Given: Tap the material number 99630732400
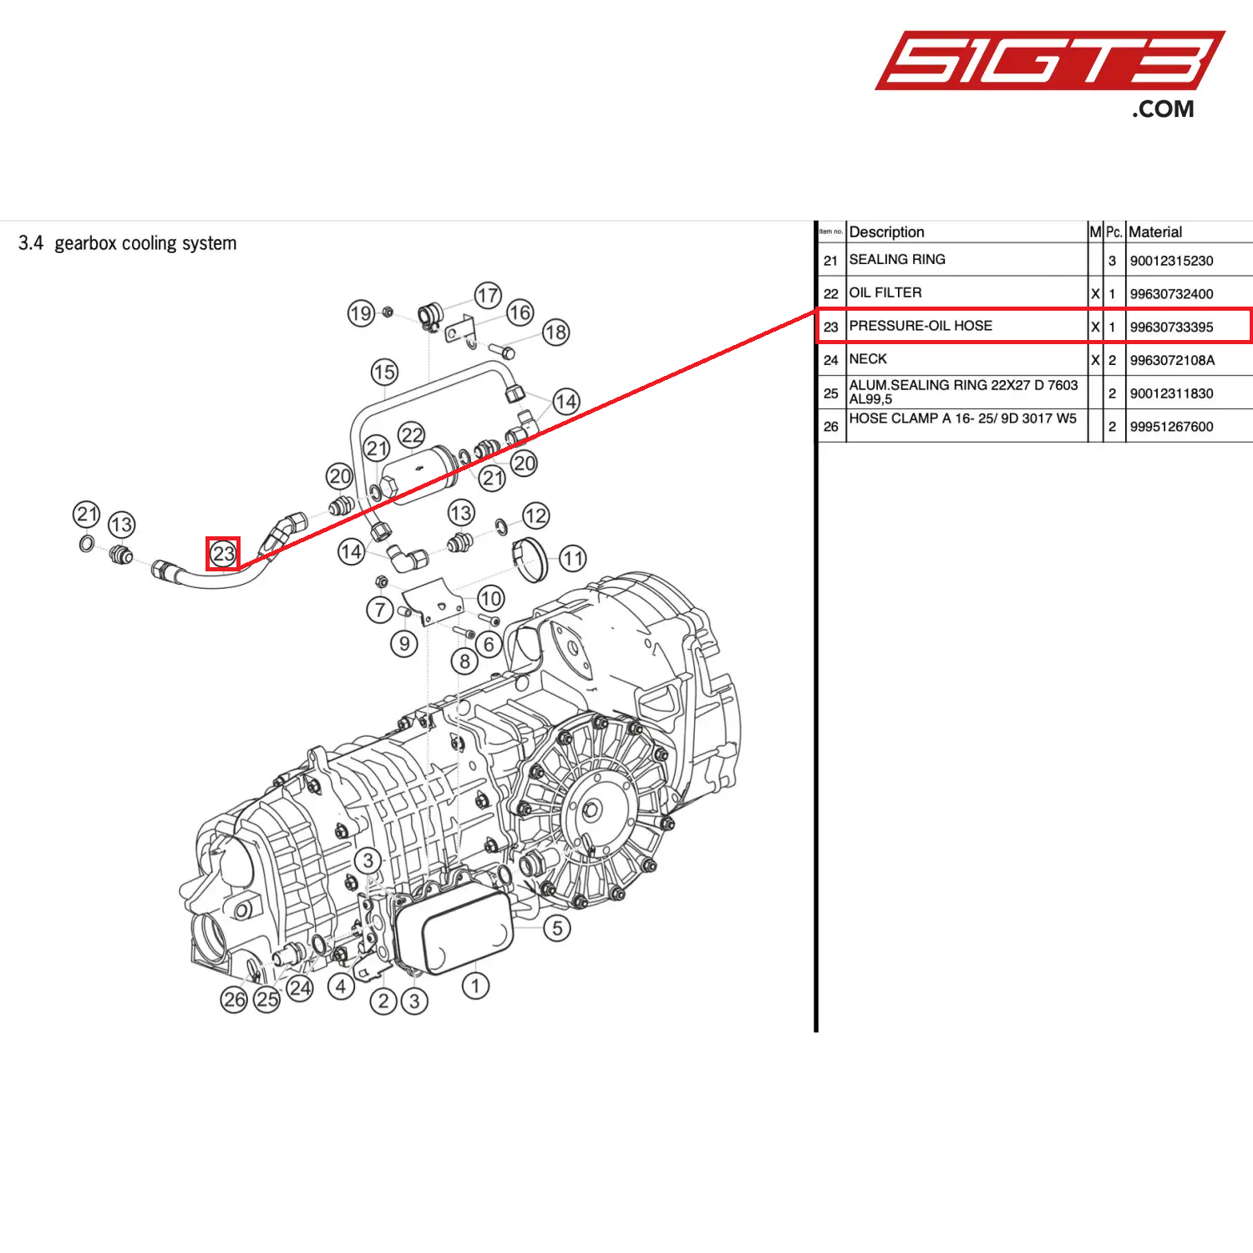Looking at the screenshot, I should [1171, 294].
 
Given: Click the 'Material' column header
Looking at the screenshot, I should [1155, 231].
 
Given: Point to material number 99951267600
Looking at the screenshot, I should [1171, 427].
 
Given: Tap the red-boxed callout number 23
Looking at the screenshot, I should [223, 553].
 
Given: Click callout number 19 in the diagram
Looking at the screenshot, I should [360, 313].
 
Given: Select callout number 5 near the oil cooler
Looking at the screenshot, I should [557, 928].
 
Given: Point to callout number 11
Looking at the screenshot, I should [572, 558].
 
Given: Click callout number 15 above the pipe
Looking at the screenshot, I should [384, 372].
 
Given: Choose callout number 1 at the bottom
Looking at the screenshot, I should [475, 986].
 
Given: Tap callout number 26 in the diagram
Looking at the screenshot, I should [235, 999].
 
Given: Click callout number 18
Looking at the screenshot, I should [555, 332].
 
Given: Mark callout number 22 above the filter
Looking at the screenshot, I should [412, 434].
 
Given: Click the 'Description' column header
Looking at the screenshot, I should [886, 231].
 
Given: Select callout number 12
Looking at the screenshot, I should [535, 515].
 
